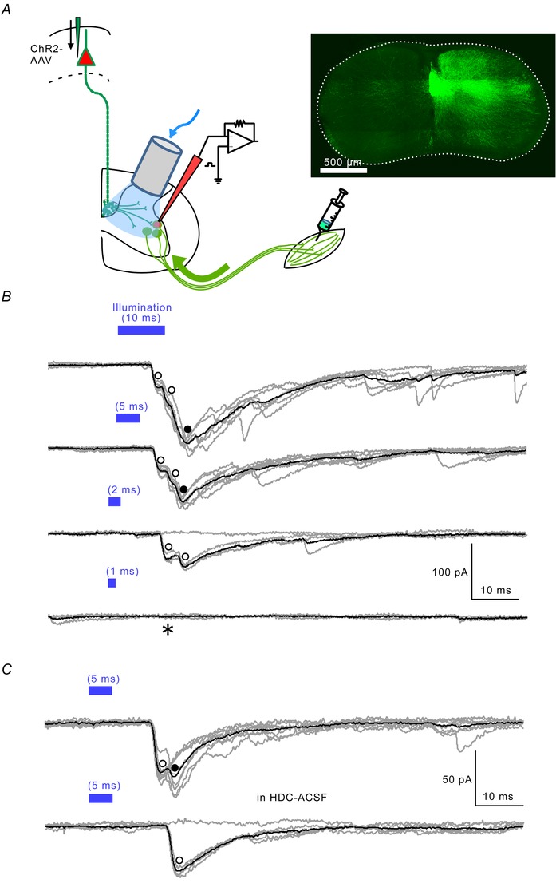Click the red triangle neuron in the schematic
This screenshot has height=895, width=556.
point(85,57)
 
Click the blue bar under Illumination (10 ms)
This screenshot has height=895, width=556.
point(141,330)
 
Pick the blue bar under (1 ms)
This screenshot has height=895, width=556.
point(112,583)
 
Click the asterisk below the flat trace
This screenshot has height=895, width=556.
point(168,630)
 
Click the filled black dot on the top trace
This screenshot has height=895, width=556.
point(187,430)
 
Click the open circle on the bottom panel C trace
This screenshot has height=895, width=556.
point(179,861)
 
